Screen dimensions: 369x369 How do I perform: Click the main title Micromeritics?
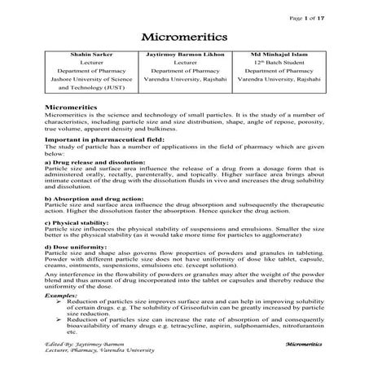click(184, 37)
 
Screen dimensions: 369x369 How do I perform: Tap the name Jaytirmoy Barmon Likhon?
click(185, 55)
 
